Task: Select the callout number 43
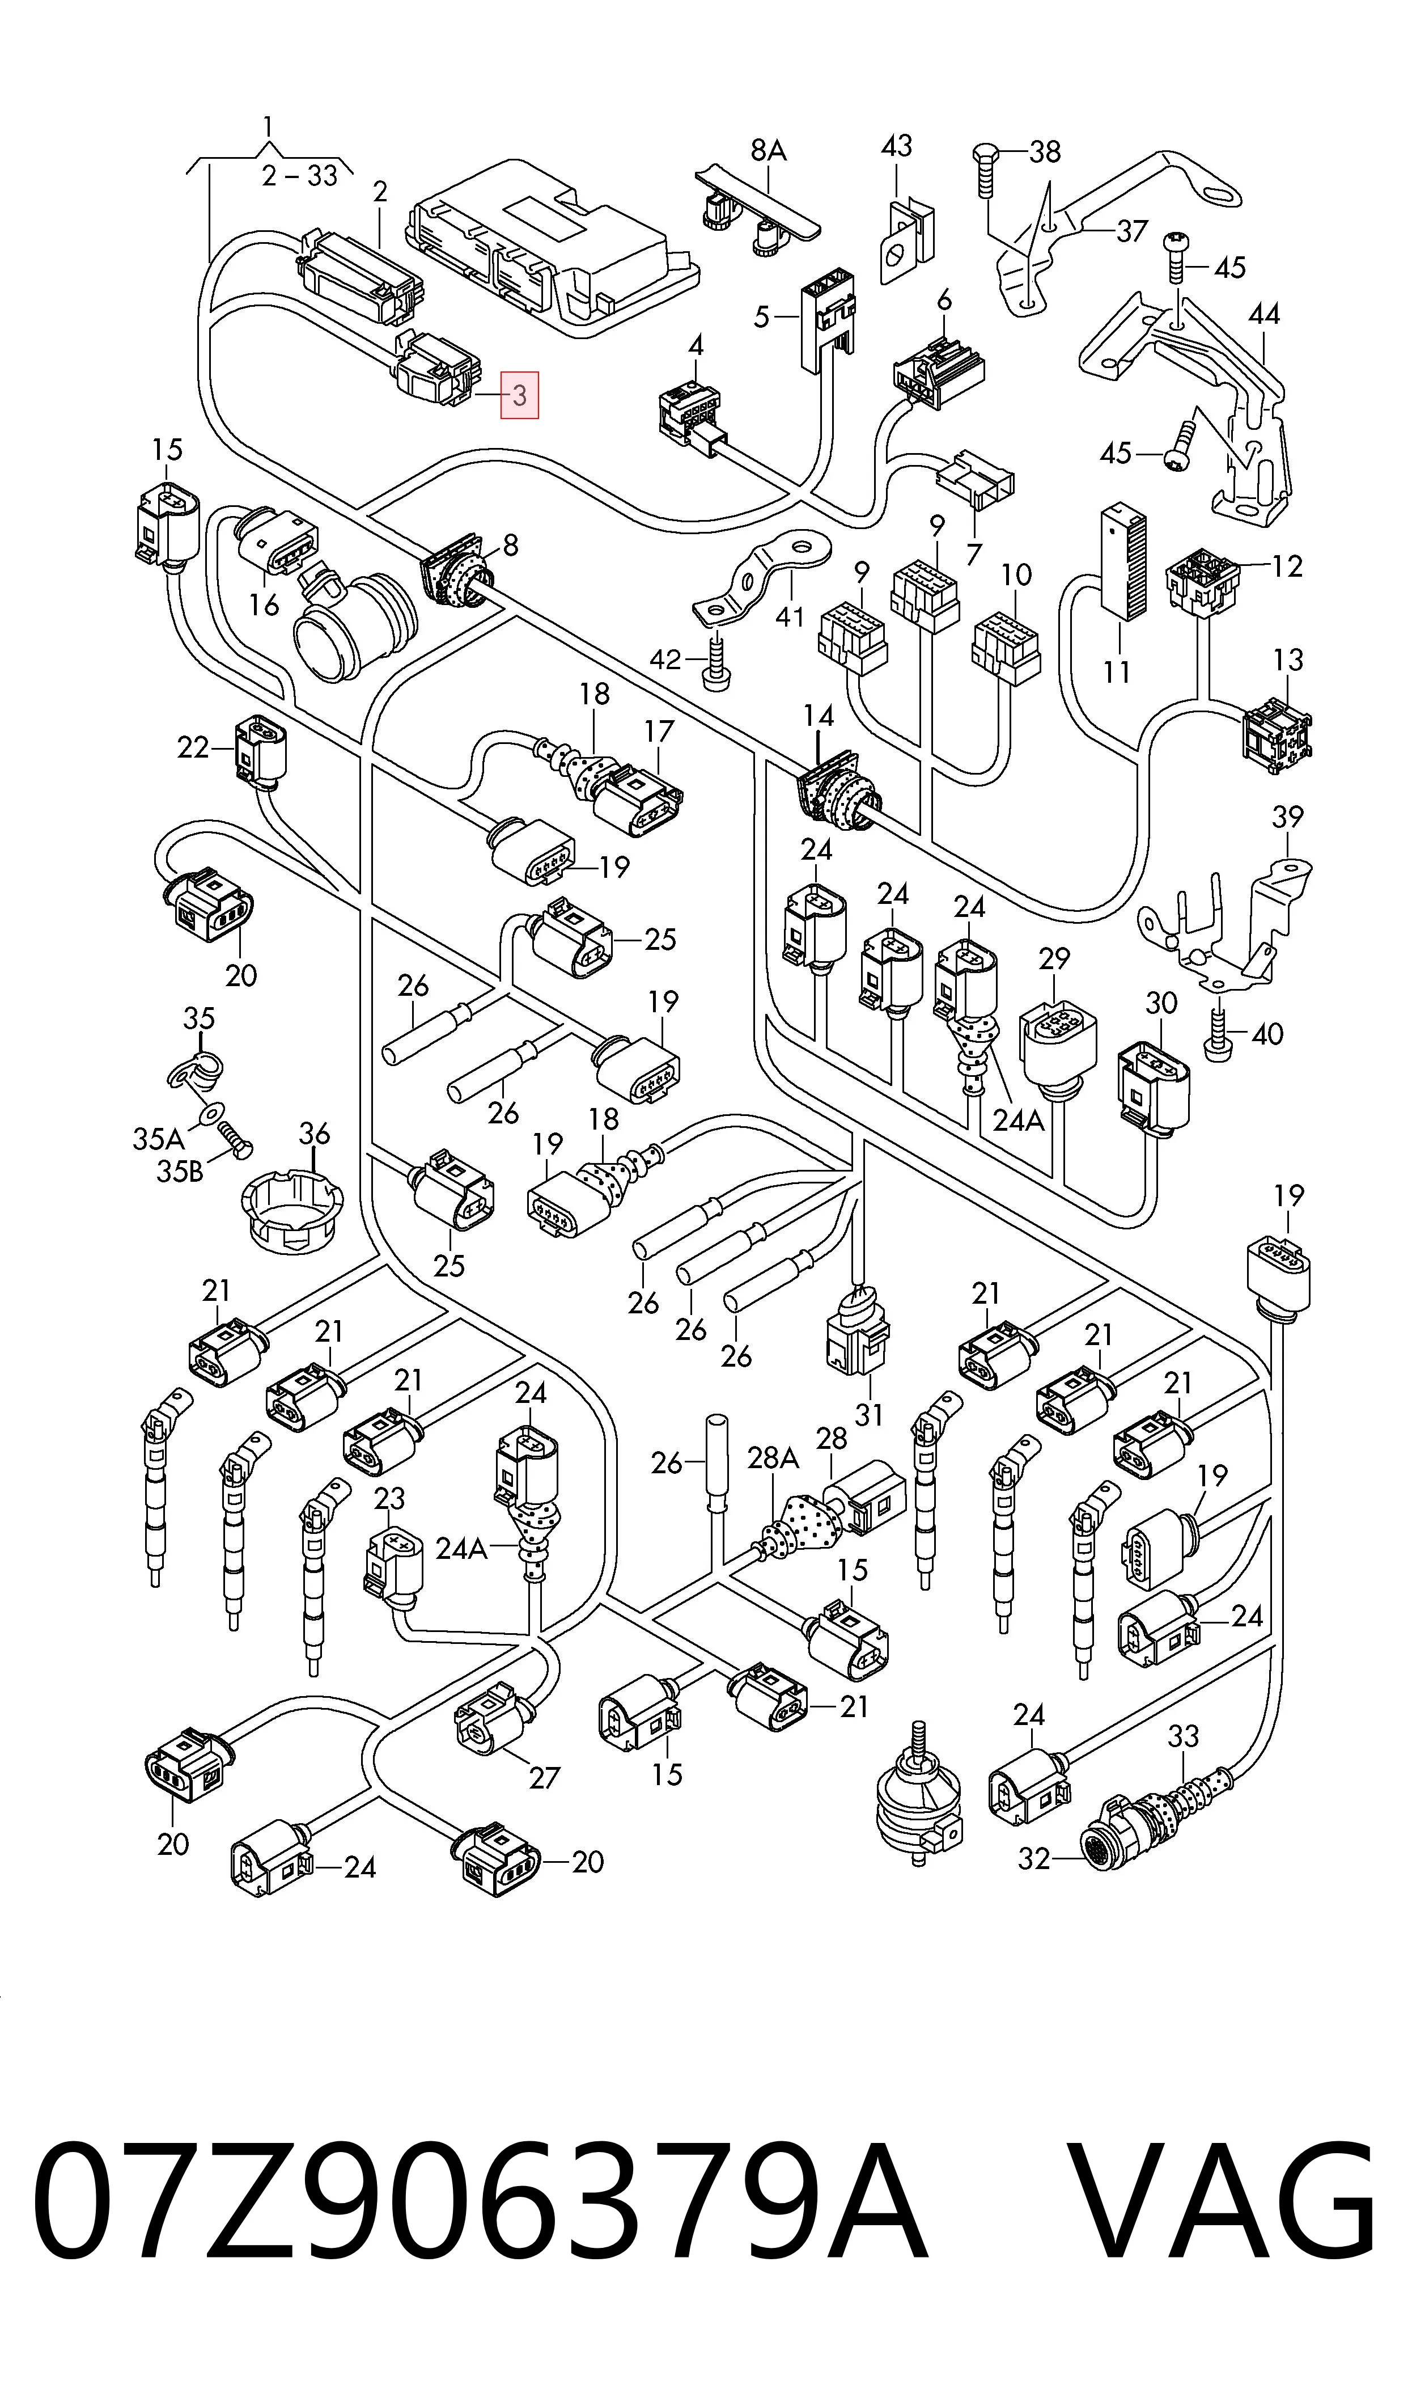tap(896, 146)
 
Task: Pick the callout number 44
tap(1263, 313)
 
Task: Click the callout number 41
tap(790, 616)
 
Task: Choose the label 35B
tap(180, 1172)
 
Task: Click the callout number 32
tap(1034, 1858)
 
